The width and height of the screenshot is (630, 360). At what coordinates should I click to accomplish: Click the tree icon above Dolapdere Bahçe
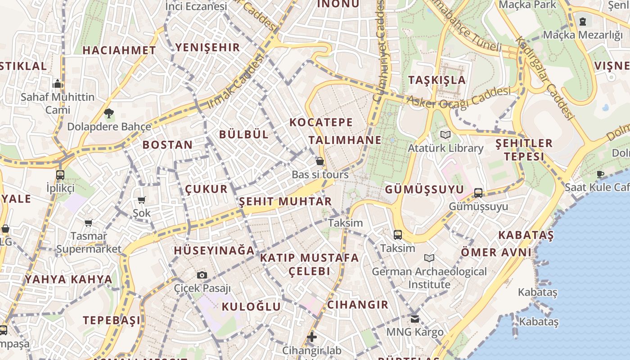pyautogui.click(x=108, y=113)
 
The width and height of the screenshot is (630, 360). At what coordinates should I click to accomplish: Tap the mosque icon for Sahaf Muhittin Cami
pyautogui.click(x=58, y=84)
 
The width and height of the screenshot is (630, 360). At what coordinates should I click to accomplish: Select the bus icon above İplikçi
pyautogui.click(x=60, y=175)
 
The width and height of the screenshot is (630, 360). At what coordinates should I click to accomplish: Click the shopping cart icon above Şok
pyautogui.click(x=141, y=200)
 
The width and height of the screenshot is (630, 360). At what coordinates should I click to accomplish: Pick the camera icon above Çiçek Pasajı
pyautogui.click(x=202, y=275)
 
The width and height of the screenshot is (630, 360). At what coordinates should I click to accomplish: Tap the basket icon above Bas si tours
pyautogui.click(x=320, y=161)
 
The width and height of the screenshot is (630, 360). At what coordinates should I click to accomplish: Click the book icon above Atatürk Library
pyautogui.click(x=445, y=135)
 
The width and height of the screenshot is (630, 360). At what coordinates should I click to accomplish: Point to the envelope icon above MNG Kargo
pyautogui.click(x=414, y=319)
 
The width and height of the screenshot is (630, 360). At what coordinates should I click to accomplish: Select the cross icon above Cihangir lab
pyautogui.click(x=311, y=337)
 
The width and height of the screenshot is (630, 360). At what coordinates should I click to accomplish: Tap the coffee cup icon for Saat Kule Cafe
pyautogui.click(x=600, y=174)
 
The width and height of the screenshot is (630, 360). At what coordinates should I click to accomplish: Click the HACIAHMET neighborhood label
pyautogui.click(x=119, y=50)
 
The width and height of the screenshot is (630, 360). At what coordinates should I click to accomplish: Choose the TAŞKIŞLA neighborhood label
pyautogui.click(x=436, y=80)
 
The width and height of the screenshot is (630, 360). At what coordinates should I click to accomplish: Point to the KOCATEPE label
pyautogui.click(x=321, y=122)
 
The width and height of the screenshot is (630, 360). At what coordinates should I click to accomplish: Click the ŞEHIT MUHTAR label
pyautogui.click(x=285, y=201)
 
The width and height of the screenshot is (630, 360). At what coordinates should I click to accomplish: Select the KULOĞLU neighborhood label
pyautogui.click(x=251, y=307)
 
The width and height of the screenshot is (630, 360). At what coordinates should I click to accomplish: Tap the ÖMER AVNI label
pyautogui.click(x=496, y=252)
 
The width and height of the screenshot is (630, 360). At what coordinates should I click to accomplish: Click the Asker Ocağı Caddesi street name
pyautogui.click(x=459, y=97)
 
